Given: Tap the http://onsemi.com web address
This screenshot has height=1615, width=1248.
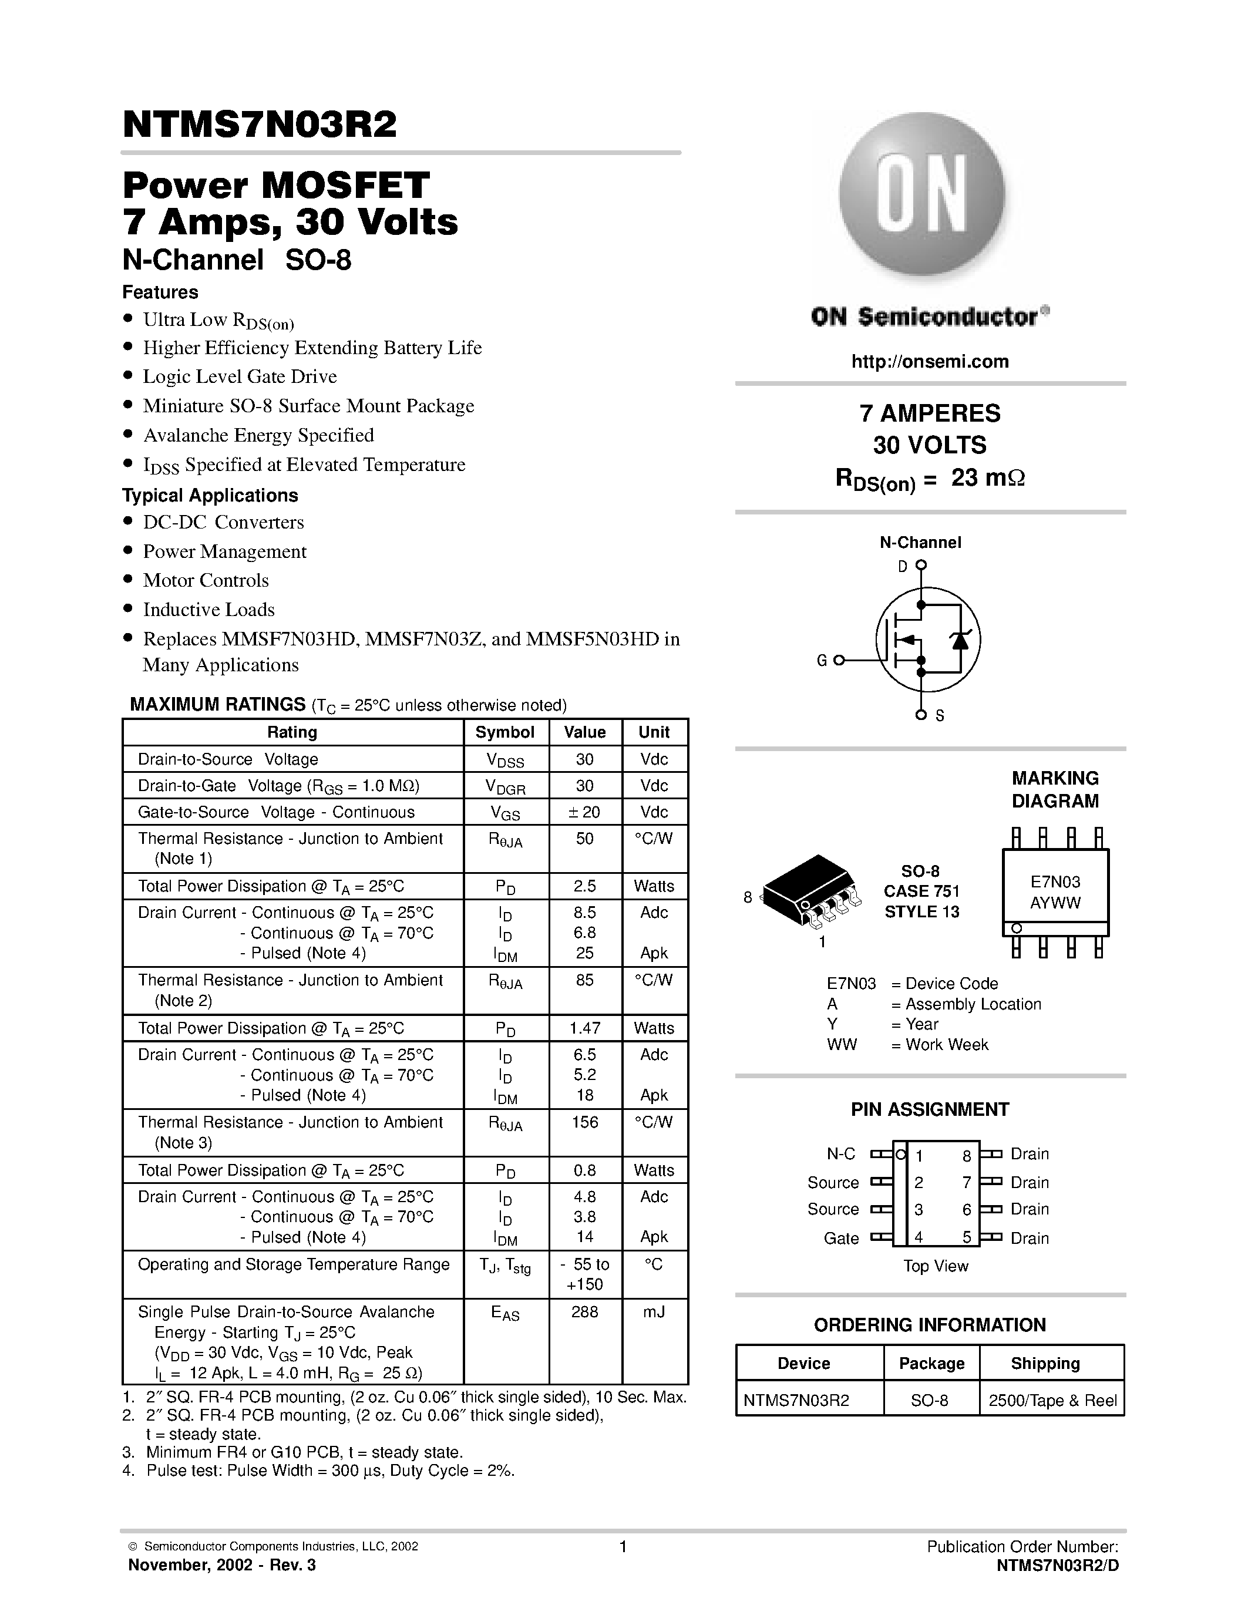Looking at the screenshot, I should click(929, 362).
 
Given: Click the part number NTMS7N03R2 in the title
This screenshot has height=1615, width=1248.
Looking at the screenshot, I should click(260, 125).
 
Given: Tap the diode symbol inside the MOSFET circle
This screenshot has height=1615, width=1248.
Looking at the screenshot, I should click(960, 640).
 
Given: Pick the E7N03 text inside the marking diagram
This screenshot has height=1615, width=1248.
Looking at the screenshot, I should click(1055, 881).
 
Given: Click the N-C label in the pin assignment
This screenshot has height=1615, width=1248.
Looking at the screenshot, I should click(840, 1153).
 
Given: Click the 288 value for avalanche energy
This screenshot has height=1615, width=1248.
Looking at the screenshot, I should click(584, 1312).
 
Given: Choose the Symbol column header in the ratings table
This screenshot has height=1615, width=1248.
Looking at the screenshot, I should click(504, 732).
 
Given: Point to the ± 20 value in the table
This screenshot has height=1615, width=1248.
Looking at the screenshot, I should click(584, 812).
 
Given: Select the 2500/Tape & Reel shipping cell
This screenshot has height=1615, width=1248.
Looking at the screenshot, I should click(1052, 1401).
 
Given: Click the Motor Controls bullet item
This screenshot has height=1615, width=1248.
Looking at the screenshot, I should click(206, 580).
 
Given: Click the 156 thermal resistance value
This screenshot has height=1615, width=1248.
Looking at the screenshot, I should click(584, 1122).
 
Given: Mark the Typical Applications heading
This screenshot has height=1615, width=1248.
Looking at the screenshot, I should click(210, 496).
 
